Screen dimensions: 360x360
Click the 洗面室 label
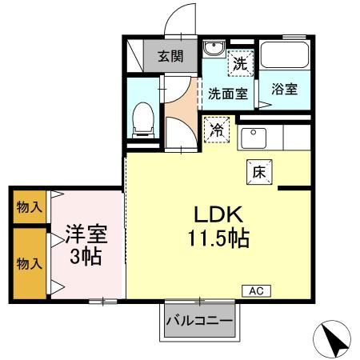click(x=227, y=93)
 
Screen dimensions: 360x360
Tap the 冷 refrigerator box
click(x=217, y=129)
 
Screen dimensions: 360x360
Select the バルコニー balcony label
click(x=200, y=322)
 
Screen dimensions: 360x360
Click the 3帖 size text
click(x=85, y=258)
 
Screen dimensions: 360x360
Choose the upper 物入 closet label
click(x=30, y=207)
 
